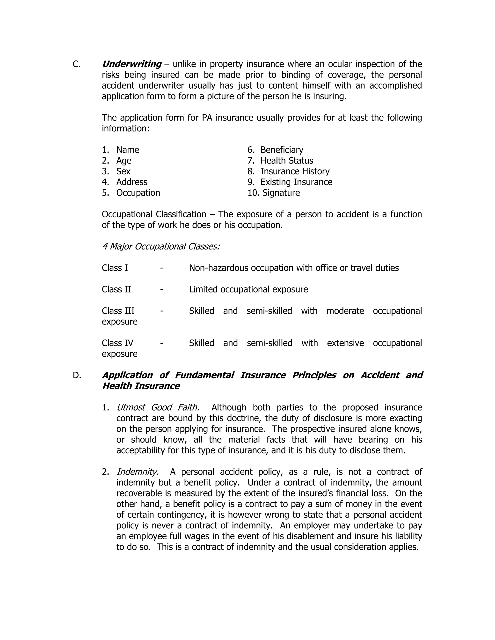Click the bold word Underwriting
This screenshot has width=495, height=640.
[132, 64]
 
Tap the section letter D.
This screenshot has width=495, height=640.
[77, 375]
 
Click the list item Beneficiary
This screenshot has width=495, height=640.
[282, 150]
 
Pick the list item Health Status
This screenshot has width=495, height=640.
[286, 161]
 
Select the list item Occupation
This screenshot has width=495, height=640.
[138, 193]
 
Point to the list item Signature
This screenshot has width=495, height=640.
[281, 193]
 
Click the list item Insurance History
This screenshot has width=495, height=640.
[295, 171]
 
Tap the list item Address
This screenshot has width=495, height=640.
[132, 182]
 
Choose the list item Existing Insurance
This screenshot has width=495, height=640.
[296, 182]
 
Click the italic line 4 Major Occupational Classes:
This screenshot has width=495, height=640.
[161, 246]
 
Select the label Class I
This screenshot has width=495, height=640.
[115, 268]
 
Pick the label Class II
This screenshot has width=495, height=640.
[116, 289]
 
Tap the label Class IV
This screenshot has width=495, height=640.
[117, 343]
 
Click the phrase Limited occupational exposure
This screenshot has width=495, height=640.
[248, 289]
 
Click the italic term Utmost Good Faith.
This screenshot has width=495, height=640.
[158, 407]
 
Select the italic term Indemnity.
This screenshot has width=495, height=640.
[138, 472]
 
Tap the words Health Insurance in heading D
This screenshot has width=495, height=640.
[141, 386]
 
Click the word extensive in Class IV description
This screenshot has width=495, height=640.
[345, 343]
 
